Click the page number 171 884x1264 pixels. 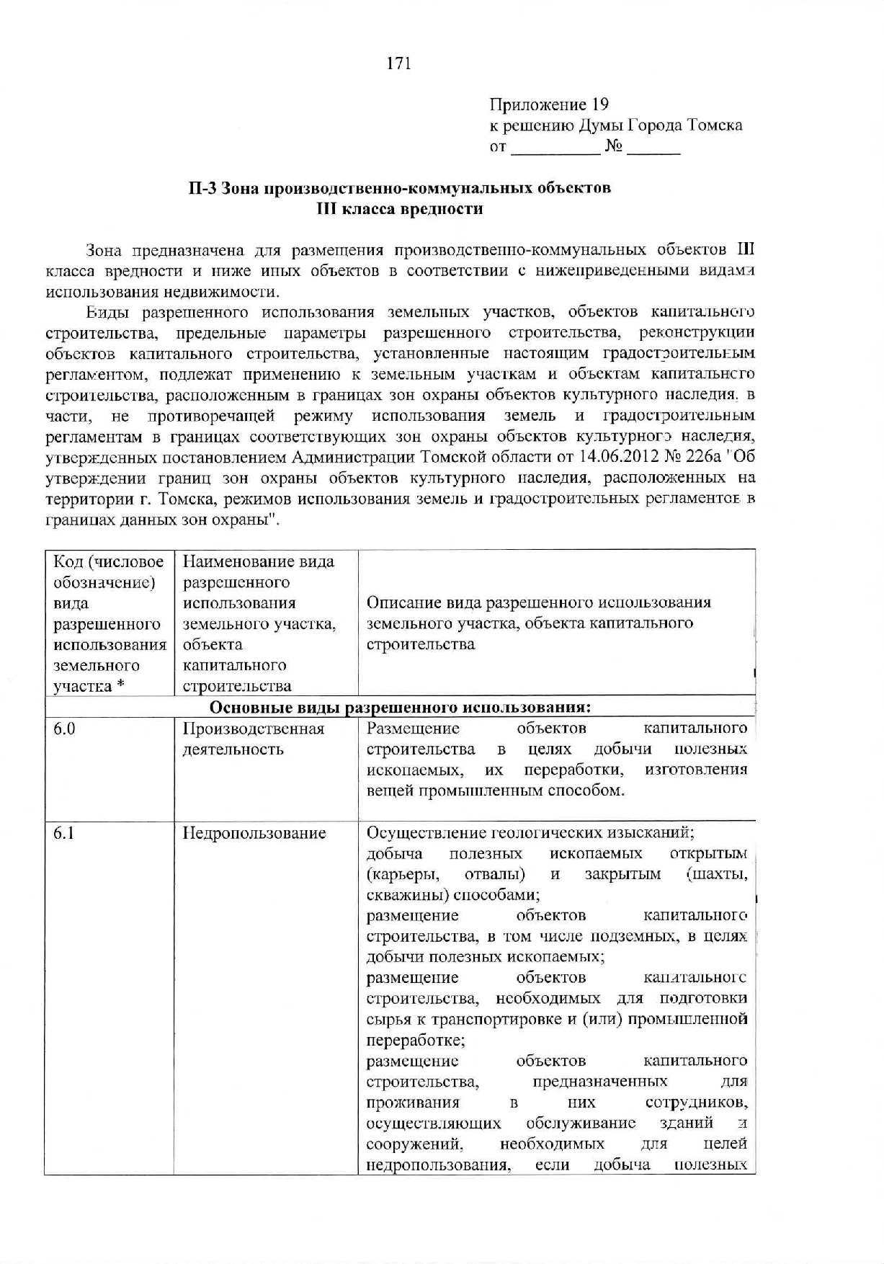pyautogui.click(x=398, y=63)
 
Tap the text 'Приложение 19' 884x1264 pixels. pyautogui.click(x=549, y=104)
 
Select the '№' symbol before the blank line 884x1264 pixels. pyautogui.click(x=613, y=147)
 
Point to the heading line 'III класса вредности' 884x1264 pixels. pyautogui.click(x=400, y=209)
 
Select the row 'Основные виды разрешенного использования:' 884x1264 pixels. pyautogui.click(x=400, y=707)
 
